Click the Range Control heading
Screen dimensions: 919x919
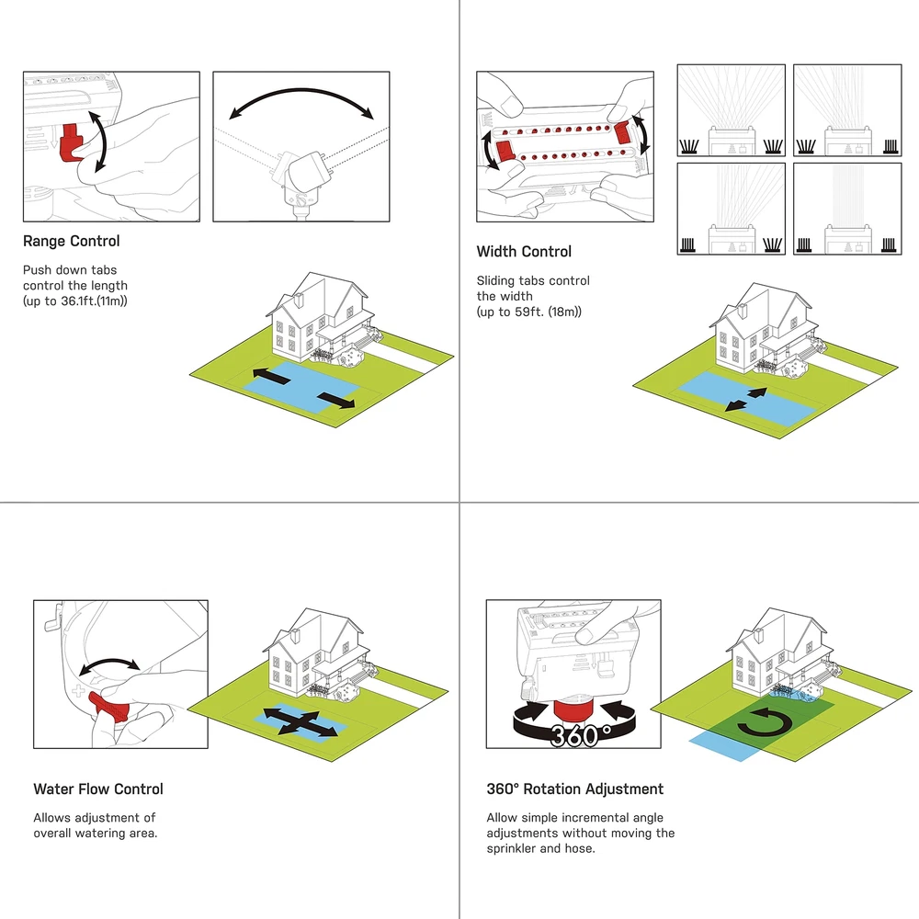pyautogui.click(x=71, y=242)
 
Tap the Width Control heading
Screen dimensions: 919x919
pyautogui.click(x=524, y=252)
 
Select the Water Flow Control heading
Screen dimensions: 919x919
pyautogui.click(x=98, y=789)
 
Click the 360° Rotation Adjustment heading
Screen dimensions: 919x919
pyautogui.click(x=574, y=789)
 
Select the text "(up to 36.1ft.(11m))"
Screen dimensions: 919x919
pyautogui.click(x=74, y=301)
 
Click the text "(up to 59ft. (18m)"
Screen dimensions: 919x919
pyautogui.click(x=528, y=312)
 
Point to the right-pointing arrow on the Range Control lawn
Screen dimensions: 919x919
pyautogui.click(x=335, y=400)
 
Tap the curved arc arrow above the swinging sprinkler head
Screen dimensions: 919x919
pyautogui.click(x=301, y=101)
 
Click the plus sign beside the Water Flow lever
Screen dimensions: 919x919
pyautogui.click(x=78, y=688)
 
